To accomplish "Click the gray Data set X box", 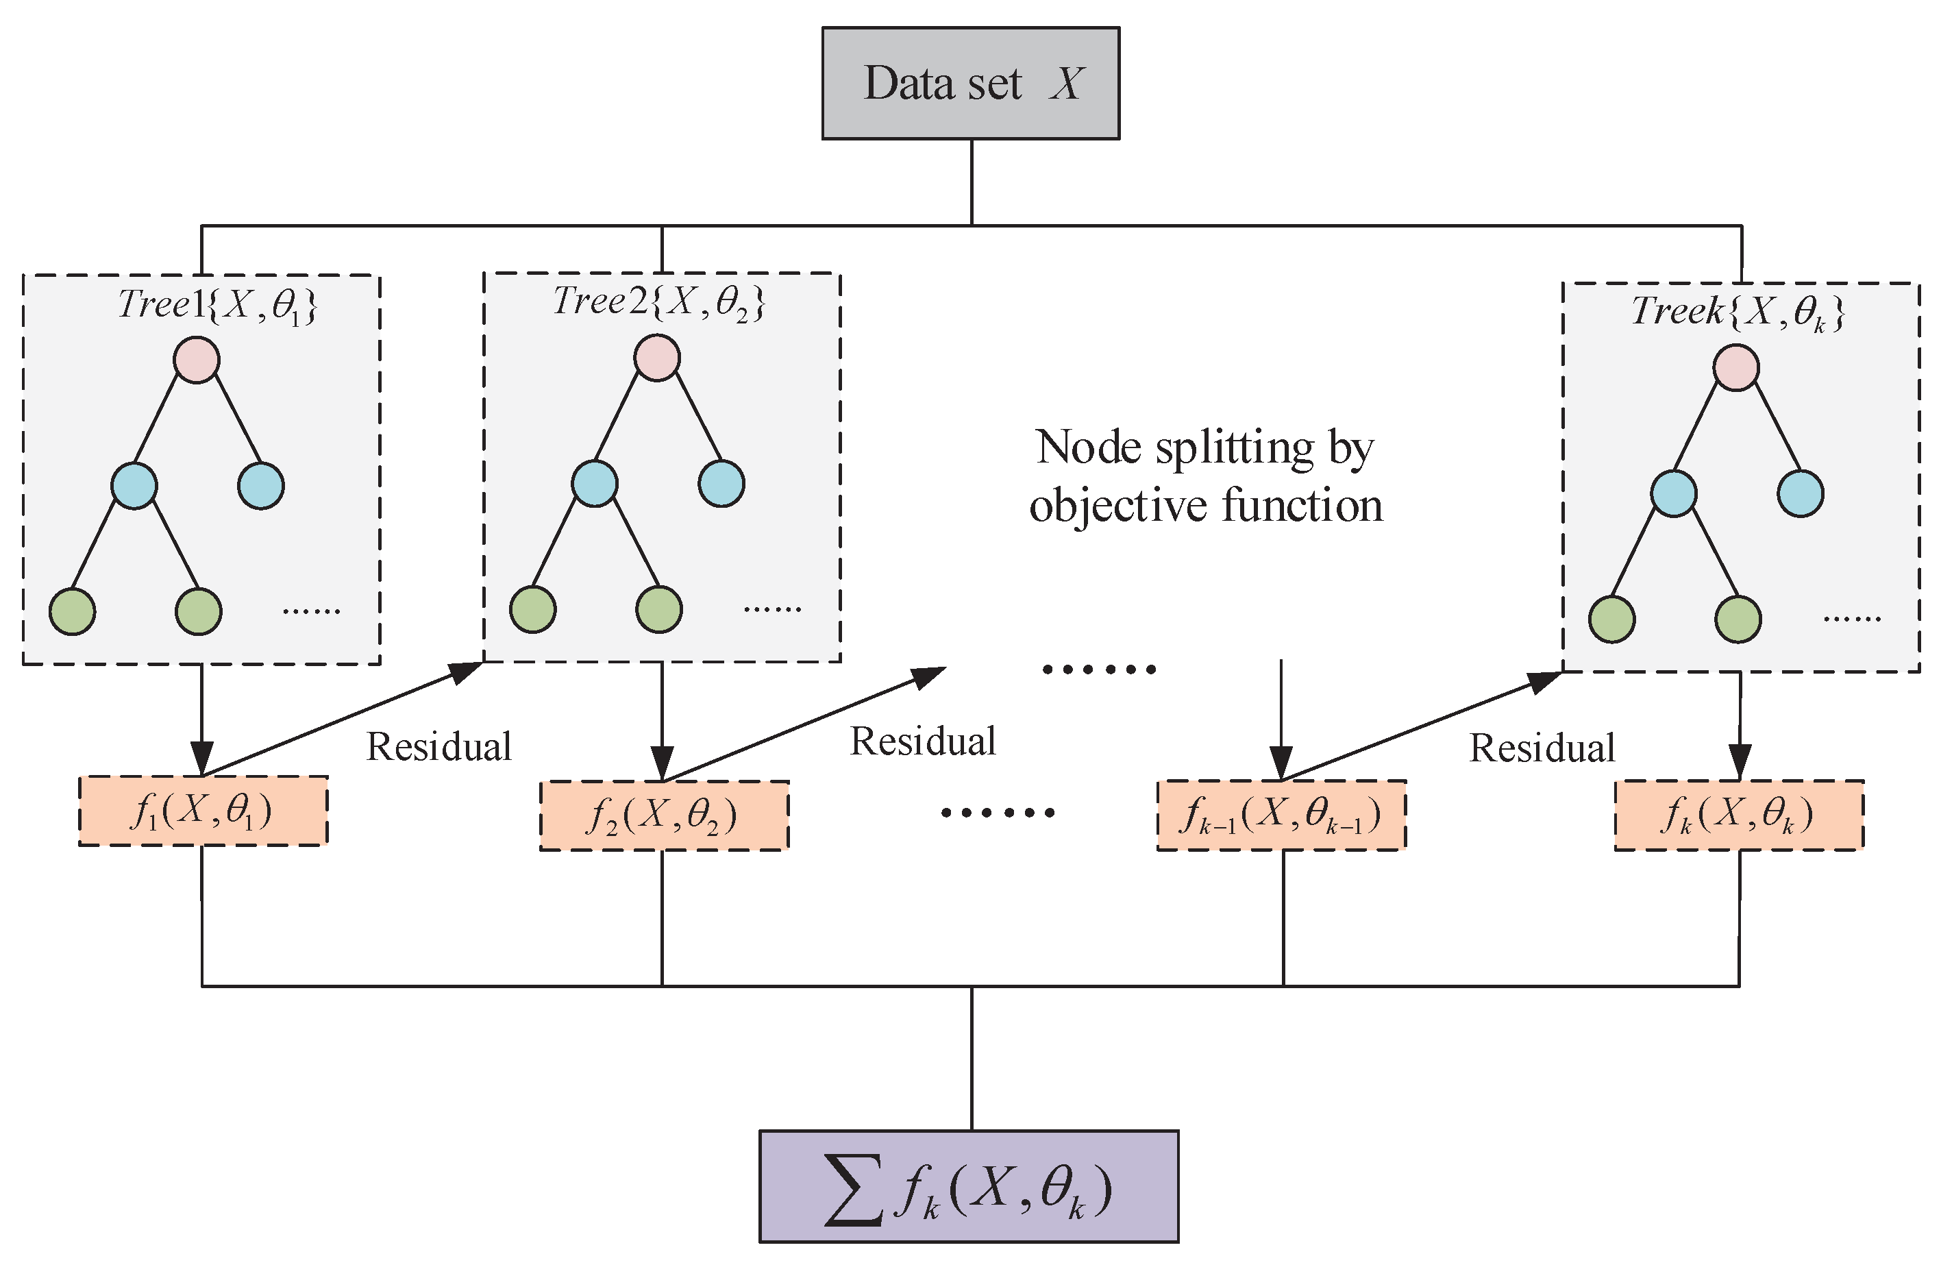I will pyautogui.click(x=969, y=83).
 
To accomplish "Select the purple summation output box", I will pyautogui.click(x=968, y=1187).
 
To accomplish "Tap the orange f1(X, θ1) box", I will pyautogui.click(x=203, y=811).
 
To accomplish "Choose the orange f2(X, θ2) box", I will pyautogui.click(x=663, y=815).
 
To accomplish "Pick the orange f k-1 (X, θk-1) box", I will pyautogui.click(x=1281, y=815).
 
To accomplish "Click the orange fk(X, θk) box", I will pyautogui.click(x=1739, y=815).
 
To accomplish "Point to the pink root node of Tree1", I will pyautogui.click(x=197, y=360).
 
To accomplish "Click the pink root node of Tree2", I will pyautogui.click(x=656, y=357).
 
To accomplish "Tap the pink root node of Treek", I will pyautogui.click(x=1735, y=367).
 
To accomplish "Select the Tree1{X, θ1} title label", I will pyautogui.click(x=217, y=305).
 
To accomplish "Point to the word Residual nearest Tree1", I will pyautogui.click(x=438, y=747).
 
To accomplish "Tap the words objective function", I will pyautogui.click(x=1205, y=506).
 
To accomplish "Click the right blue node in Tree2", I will pyautogui.click(x=721, y=484).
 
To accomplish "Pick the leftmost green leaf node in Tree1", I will pyautogui.click(x=72, y=612).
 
